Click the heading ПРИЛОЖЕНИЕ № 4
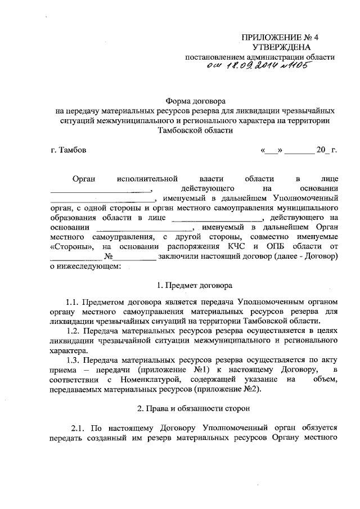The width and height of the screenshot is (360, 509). click(276, 38)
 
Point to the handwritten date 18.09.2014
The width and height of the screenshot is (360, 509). click(250, 67)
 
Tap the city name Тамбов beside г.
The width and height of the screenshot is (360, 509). click(73, 151)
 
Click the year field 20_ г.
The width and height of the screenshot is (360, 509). click(325, 151)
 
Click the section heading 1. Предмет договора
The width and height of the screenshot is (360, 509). click(195, 285)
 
